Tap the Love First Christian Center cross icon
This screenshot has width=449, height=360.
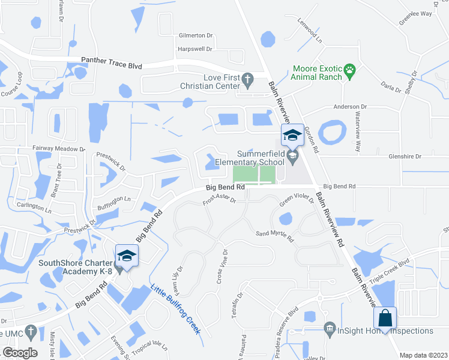point(247,79)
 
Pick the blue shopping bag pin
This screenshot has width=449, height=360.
point(384,317)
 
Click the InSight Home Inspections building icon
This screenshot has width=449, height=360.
point(329,330)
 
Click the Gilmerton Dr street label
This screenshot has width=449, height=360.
point(196,35)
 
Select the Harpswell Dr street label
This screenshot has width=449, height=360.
point(196,49)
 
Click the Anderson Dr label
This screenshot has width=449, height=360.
point(351,107)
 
